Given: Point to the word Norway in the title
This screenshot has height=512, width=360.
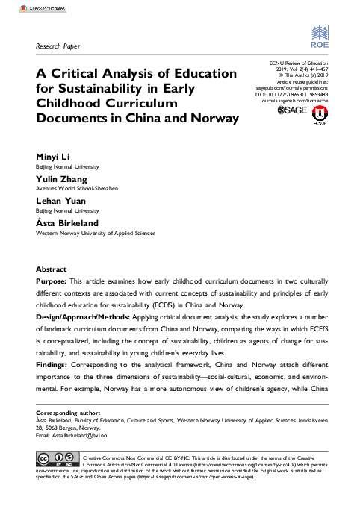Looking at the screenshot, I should [211, 118].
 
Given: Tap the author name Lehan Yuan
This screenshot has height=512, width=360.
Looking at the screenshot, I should [60, 202].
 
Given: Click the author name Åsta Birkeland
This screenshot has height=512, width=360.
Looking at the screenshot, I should [68, 223].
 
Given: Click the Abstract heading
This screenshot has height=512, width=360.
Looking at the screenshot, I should [52, 269].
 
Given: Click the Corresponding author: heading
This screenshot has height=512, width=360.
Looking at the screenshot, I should [70, 413].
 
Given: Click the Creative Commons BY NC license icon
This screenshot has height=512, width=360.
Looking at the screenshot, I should [58, 457].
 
